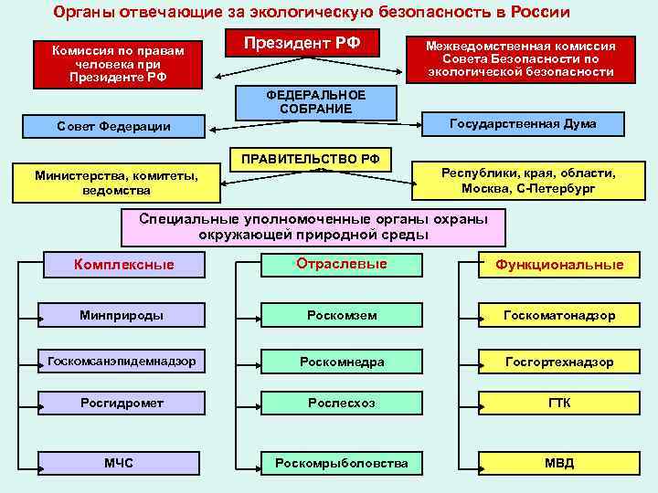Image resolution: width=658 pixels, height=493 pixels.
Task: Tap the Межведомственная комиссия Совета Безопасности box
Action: (521, 58)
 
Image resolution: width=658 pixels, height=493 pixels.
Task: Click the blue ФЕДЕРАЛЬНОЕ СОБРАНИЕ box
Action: (315, 102)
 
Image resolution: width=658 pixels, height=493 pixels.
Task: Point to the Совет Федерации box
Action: (113, 126)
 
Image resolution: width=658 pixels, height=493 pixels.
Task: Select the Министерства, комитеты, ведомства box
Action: (116, 183)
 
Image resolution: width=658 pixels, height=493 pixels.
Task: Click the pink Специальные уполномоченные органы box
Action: (313, 227)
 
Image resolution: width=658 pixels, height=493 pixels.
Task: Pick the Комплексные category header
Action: (123, 265)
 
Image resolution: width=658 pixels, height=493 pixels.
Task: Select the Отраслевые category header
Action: (341, 264)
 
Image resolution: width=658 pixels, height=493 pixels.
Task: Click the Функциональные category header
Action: (559, 265)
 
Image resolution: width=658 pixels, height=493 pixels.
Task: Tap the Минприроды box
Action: (122, 315)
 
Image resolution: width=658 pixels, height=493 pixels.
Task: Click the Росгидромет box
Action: (122, 403)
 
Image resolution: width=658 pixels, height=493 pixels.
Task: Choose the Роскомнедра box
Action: (341, 362)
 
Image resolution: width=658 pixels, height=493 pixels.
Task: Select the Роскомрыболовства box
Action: (341, 464)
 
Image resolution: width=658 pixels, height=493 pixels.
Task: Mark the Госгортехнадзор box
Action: (559, 362)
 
